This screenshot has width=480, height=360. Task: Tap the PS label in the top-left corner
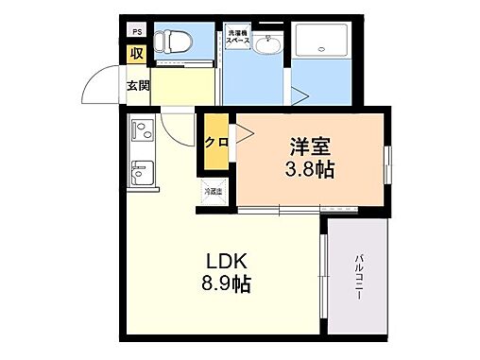point(135,30)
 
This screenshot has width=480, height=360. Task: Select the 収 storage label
point(137,54)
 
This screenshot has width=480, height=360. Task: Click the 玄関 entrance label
point(138,85)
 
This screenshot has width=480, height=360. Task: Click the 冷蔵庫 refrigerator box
point(214,191)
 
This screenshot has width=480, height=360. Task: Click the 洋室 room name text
point(308,148)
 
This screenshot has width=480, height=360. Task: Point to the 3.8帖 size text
point(310,171)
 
